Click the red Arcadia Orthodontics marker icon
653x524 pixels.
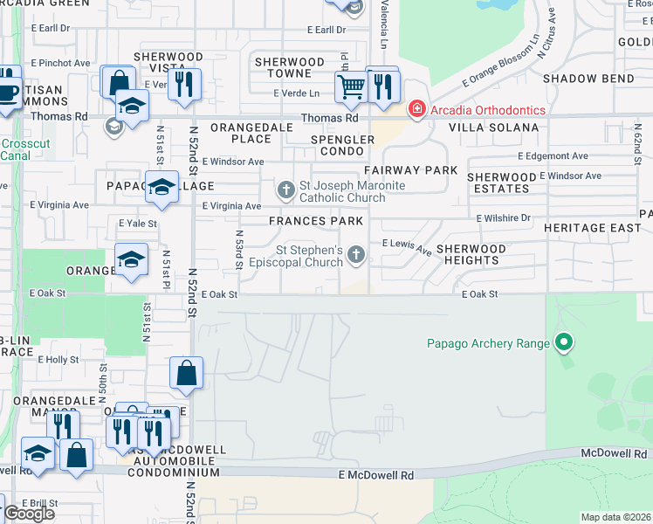click(416, 110)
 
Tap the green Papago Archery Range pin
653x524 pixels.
click(564, 342)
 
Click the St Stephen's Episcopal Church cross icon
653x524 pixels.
click(355, 255)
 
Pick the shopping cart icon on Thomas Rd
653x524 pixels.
click(350, 86)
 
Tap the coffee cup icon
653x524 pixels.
click(8, 91)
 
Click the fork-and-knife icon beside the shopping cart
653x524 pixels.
click(382, 86)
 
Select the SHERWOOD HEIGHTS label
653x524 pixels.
click(471, 254)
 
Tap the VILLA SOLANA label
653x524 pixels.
click(493, 128)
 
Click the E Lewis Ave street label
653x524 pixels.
click(407, 247)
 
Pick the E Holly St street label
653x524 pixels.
click(59, 359)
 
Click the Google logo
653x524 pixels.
click(29, 514)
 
